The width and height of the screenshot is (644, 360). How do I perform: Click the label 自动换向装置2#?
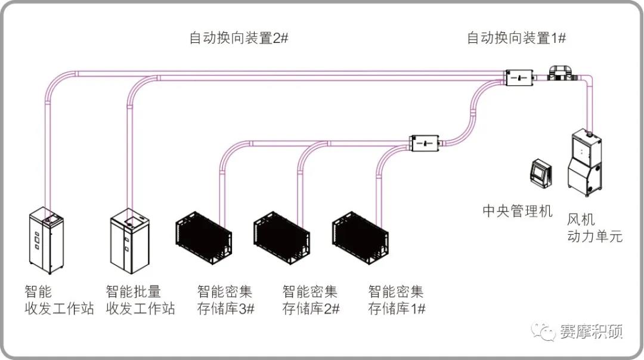coord(239,39)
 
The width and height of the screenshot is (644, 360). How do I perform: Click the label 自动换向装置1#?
coord(516,39)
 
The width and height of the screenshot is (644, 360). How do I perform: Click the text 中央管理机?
coord(517,210)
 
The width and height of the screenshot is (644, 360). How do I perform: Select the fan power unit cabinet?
coord(584,164)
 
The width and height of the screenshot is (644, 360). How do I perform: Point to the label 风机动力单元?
coord(594,228)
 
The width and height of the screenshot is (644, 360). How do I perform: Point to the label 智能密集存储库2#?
coord(311,300)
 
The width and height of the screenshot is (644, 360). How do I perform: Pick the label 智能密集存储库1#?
coord(397,300)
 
